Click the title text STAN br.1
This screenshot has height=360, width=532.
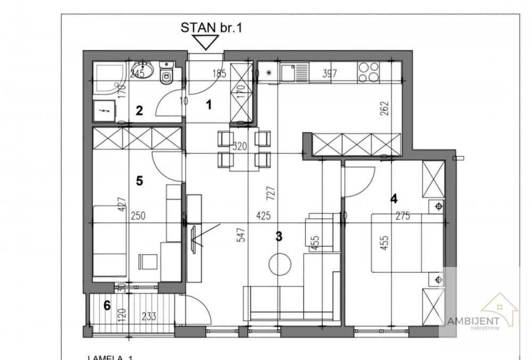tap(211, 28)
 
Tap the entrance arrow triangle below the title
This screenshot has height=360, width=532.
tap(205, 42)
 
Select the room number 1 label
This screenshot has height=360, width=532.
tap(209, 105)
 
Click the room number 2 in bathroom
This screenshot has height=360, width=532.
tap(139, 111)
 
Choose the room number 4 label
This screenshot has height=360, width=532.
tap(394, 199)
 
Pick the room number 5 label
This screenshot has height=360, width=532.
tap(139, 181)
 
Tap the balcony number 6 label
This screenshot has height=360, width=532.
tap(107, 306)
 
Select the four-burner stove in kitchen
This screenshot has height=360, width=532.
tap(369, 72)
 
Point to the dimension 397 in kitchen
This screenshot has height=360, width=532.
tap(330, 74)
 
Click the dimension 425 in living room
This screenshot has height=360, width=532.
tap(264, 216)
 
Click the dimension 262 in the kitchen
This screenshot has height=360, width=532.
tap(385, 108)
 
